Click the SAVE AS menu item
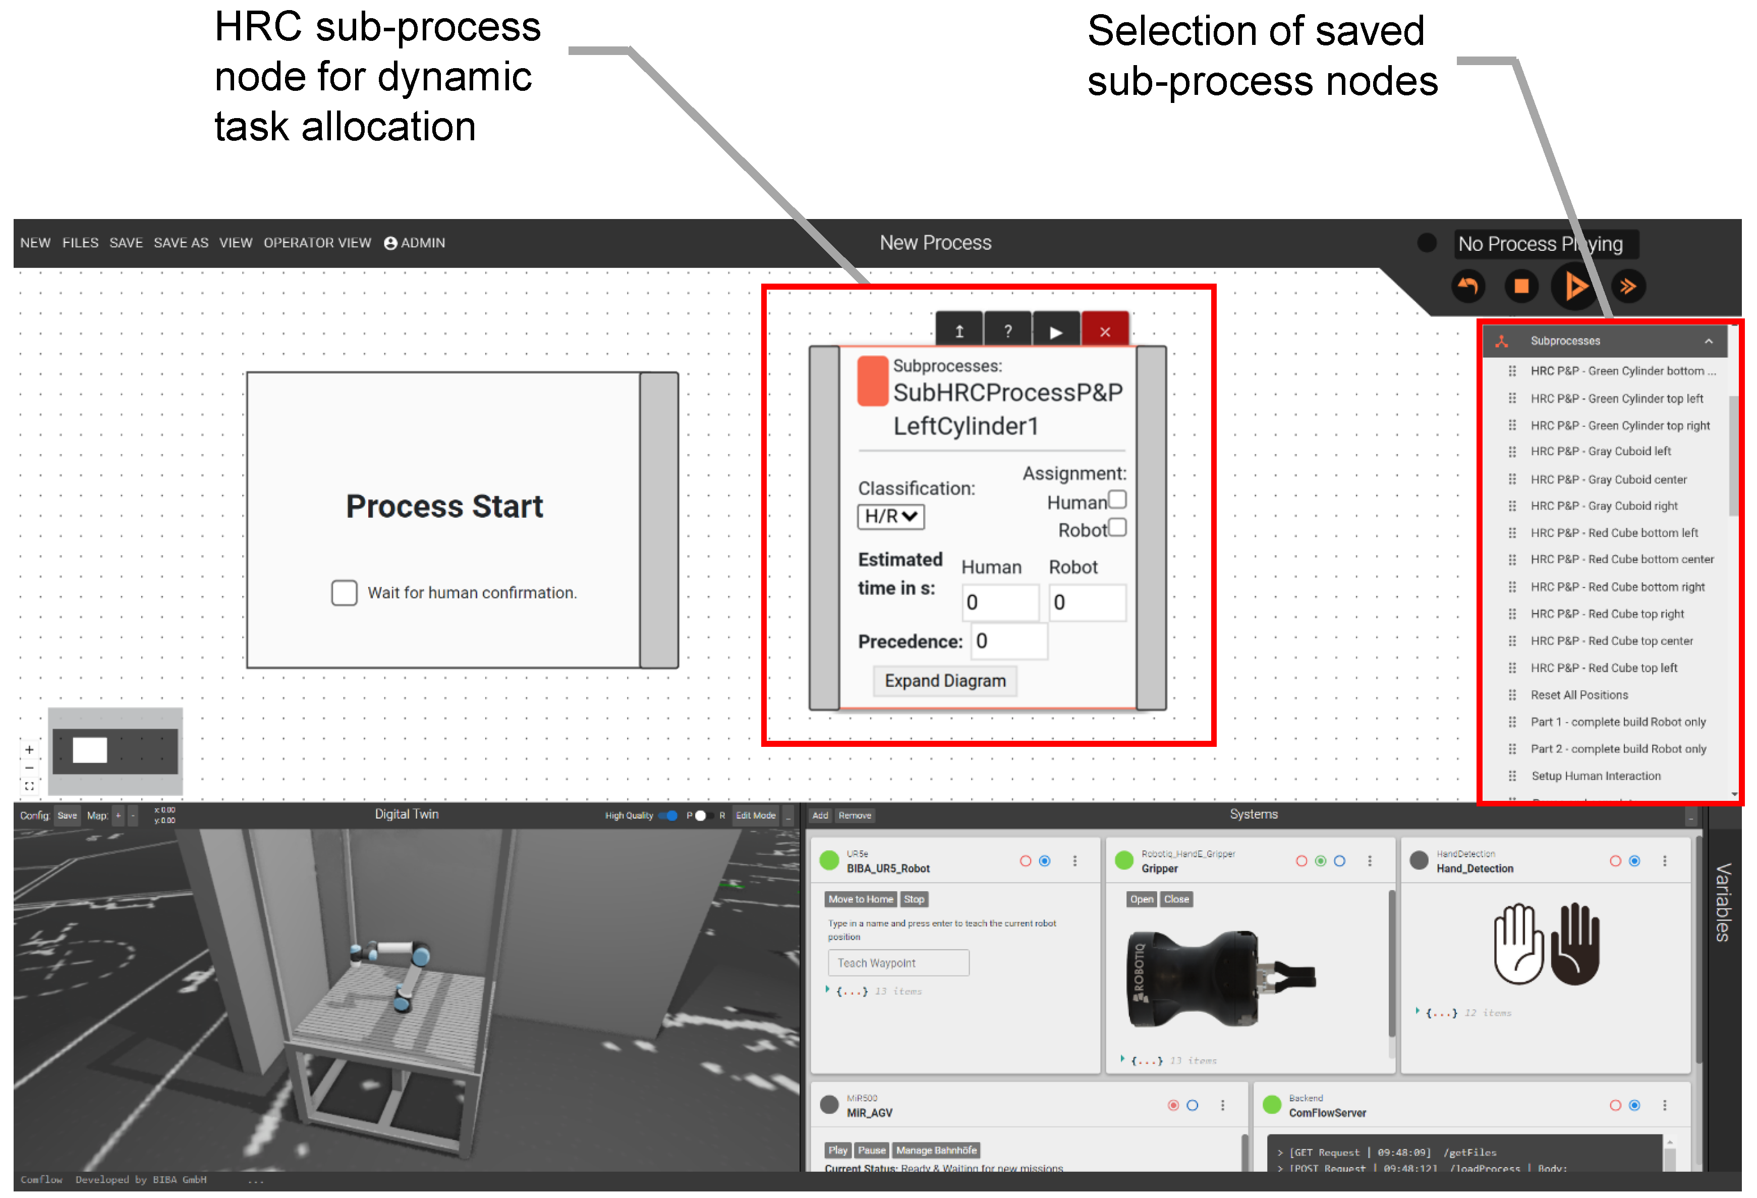[181, 243]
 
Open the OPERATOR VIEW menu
[317, 243]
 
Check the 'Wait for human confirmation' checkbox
[344, 593]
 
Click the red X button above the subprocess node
[1105, 331]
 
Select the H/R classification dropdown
[890, 517]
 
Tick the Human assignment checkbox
[1117, 500]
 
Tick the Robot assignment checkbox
[1117, 527]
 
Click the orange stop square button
[1521, 287]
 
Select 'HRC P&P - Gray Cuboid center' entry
[1608, 479]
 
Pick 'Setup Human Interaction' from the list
[1595, 776]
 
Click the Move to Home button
[861, 899]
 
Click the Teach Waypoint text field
[898, 963]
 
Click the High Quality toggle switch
[668, 815]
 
